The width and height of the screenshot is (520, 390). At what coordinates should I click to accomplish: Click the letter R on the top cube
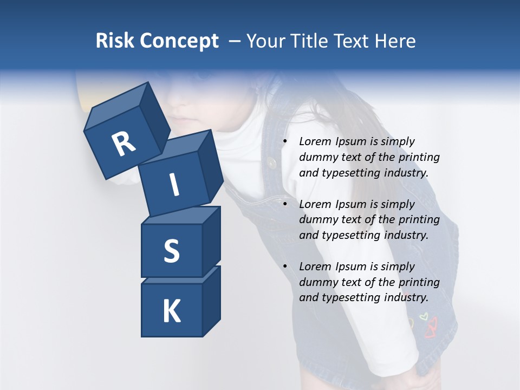(x=123, y=145)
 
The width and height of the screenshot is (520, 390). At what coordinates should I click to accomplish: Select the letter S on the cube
(x=171, y=251)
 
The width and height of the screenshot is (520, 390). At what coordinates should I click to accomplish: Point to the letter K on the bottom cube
(x=171, y=311)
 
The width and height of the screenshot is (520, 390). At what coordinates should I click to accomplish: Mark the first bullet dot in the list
(x=285, y=142)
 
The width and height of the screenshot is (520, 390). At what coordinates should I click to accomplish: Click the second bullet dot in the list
(x=285, y=204)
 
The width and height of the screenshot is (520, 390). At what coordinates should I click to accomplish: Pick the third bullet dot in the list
(x=285, y=266)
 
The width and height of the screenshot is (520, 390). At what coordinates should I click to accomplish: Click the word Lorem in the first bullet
(x=314, y=142)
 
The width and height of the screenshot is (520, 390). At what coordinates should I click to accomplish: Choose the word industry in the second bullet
(x=406, y=236)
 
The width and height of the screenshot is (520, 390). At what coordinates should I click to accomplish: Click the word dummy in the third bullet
(x=317, y=282)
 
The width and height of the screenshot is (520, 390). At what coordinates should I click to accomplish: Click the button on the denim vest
(x=271, y=161)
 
